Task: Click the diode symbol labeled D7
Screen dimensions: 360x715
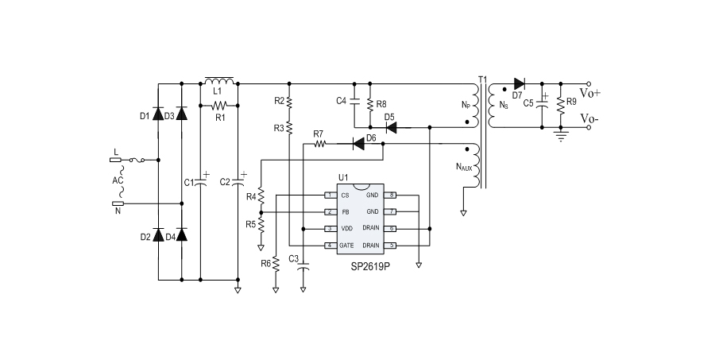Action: coord(520,83)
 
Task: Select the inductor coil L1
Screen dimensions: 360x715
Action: coord(219,81)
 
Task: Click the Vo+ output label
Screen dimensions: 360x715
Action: coord(590,93)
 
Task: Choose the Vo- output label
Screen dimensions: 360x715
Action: coord(589,119)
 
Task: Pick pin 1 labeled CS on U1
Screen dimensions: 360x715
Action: coord(344,195)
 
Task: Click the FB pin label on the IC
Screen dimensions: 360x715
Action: coord(344,212)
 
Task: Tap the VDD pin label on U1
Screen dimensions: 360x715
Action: coord(346,229)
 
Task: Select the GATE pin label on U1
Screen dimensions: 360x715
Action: coord(346,246)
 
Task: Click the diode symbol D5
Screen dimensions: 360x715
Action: coord(390,126)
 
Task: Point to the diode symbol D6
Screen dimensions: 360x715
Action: coord(357,144)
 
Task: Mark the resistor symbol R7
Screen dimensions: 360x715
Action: coord(321,144)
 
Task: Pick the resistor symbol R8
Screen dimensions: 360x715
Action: coord(371,104)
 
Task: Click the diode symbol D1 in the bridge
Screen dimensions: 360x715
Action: coord(157,115)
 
